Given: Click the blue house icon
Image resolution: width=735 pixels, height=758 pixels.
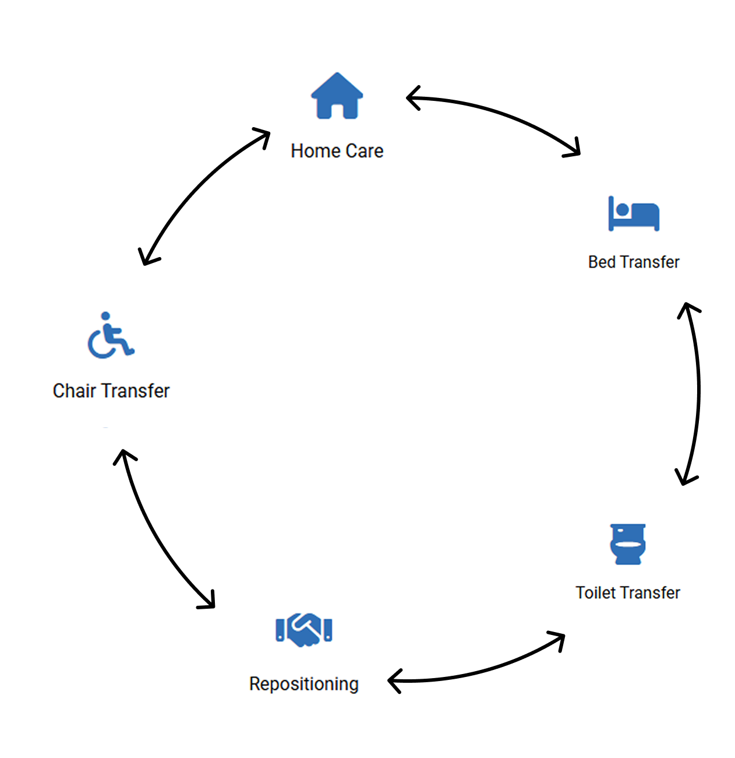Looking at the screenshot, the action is coord(337,96).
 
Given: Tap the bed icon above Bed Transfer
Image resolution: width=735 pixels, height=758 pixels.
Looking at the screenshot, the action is coord(634,213).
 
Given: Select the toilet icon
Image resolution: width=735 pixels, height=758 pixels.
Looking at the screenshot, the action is coord(628,544).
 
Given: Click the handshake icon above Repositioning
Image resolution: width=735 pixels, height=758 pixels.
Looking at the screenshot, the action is coord(303,630).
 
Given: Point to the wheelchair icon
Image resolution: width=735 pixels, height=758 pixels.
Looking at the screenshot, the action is coord(111,335).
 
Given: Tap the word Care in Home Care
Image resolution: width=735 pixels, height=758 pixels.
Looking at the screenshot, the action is coord(364,151).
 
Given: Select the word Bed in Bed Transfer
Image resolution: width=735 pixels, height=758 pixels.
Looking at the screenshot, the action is coord(602,262).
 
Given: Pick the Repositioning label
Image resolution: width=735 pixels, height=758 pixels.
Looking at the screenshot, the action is coord(303,684).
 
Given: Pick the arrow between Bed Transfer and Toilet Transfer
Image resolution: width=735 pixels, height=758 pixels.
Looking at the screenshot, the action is coord(698,394).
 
